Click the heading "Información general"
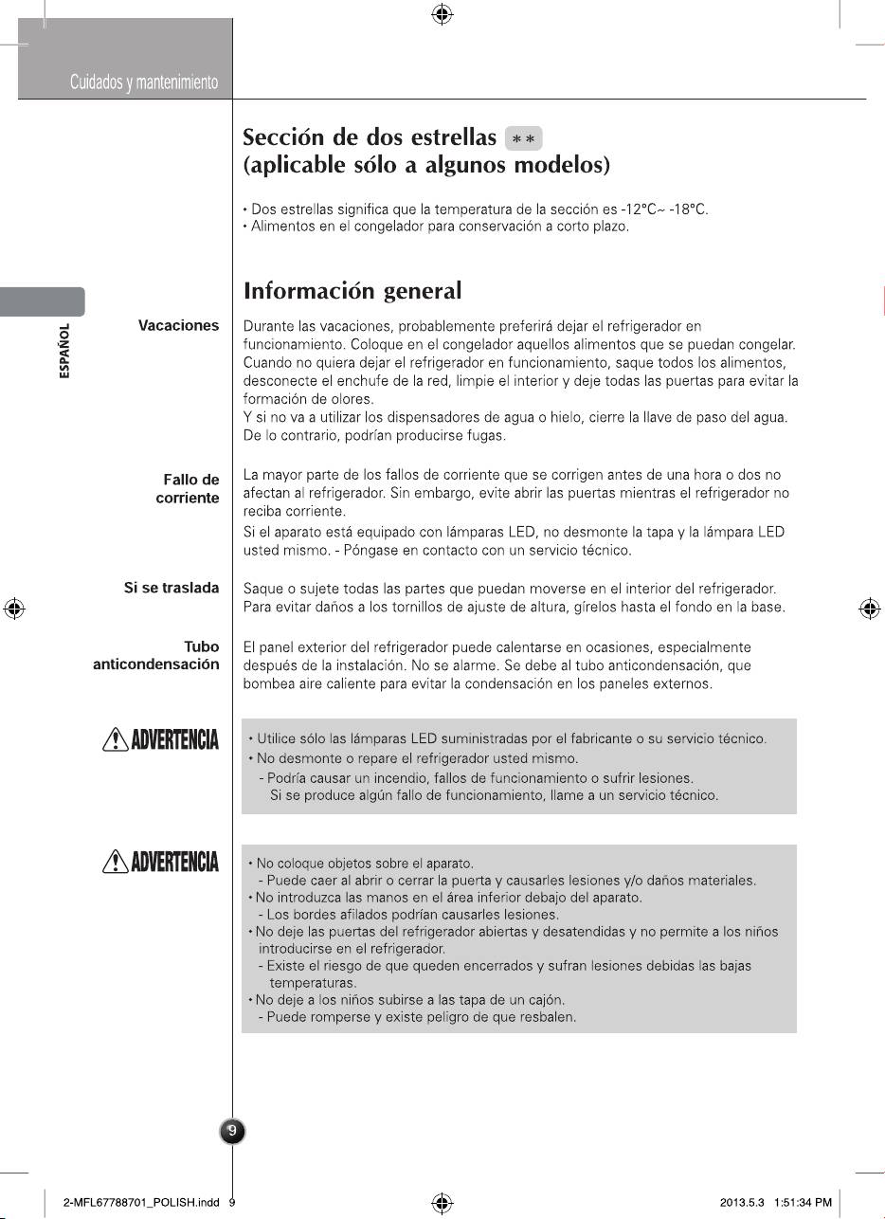pyautogui.click(x=352, y=290)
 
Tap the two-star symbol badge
pyautogui.click(x=524, y=138)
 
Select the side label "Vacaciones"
pyautogui.click(x=178, y=325)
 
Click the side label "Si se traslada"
pyautogui.click(x=172, y=588)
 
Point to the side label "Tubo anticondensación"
pyautogui.click(x=156, y=656)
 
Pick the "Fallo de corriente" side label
pyautogui.click(x=188, y=489)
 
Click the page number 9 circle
pyautogui.click(x=233, y=1131)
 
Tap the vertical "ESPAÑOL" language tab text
pyautogui.click(x=64, y=352)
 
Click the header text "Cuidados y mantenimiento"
pyautogui.click(x=144, y=83)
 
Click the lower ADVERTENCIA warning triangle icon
pyautogui.click(x=113, y=863)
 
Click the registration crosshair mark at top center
pyautogui.click(x=442, y=14)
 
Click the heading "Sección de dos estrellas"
pyautogui.click(x=370, y=138)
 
